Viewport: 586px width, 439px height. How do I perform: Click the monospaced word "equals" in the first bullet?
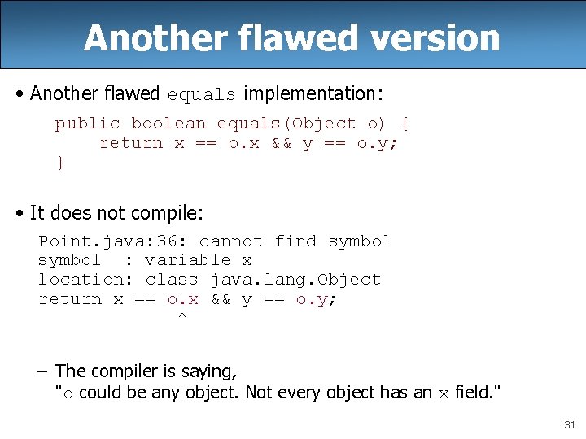201,94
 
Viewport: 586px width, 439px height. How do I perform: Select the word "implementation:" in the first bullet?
313,93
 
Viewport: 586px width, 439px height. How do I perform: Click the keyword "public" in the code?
87,124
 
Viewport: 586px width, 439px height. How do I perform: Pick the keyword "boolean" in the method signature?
168,124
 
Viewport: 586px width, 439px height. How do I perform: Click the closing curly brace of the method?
59,163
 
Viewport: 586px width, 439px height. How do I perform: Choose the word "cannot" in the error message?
230,241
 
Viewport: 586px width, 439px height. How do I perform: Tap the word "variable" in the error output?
188,260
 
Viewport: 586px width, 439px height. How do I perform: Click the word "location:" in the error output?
86,280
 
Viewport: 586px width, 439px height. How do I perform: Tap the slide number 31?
568,425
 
